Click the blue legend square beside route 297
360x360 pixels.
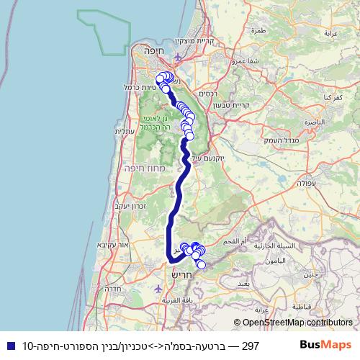point(9,346)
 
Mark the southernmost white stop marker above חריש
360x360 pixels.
point(201,265)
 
